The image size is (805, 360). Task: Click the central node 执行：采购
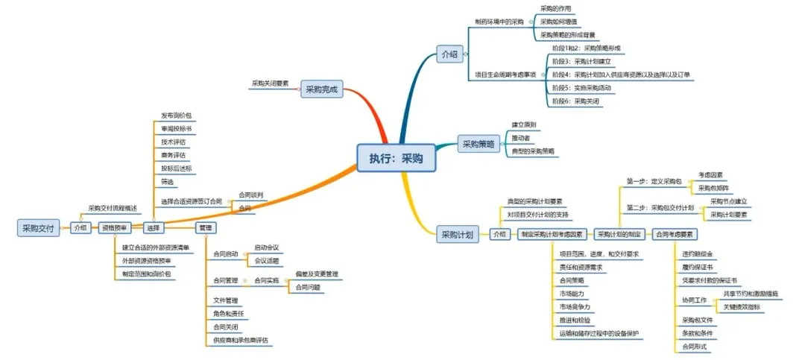pos(395,158)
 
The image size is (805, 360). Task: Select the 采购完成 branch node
pos(321,90)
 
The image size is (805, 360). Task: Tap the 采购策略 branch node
pos(477,145)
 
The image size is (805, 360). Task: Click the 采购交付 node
pos(39,228)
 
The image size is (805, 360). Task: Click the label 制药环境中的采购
pos(499,22)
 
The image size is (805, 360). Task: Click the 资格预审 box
pos(116,228)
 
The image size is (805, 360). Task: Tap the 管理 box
pos(206,227)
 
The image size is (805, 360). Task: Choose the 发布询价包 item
pos(177,116)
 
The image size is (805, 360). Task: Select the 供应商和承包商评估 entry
pos(241,341)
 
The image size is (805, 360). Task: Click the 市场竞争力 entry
pos(575,306)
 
